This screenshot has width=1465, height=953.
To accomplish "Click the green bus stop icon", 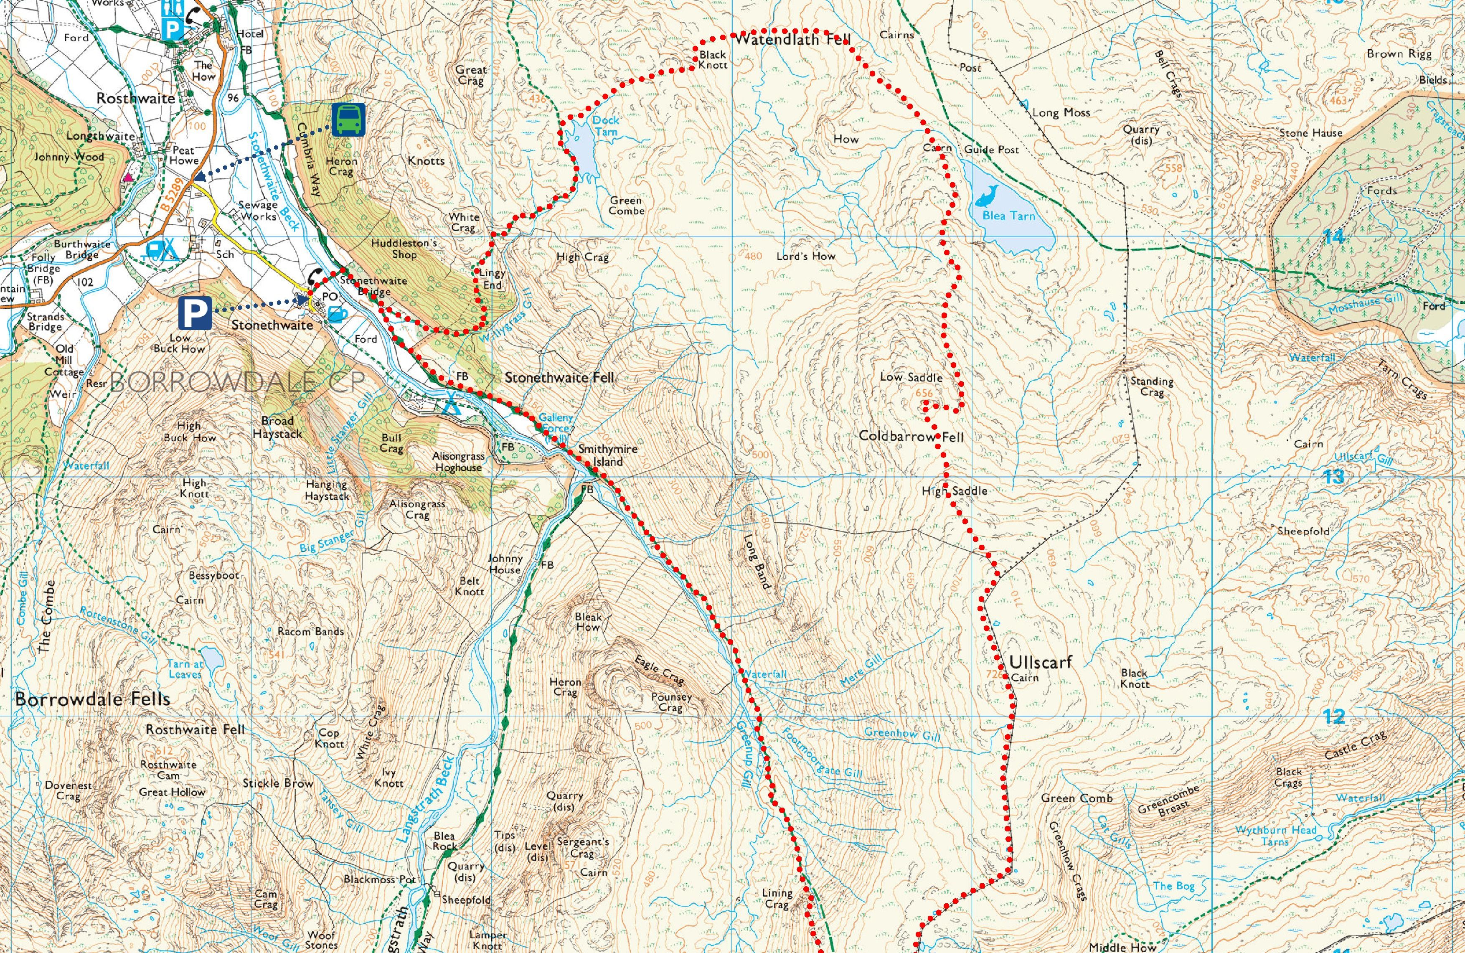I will [348, 119].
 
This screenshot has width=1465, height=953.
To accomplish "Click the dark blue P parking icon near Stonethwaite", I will [195, 313].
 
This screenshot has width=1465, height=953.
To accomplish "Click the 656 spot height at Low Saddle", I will [924, 393].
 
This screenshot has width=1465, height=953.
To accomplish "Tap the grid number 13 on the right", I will [1334, 476].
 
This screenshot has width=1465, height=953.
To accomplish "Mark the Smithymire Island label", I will [607, 455].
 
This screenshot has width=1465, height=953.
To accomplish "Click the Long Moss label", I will [1061, 113].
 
